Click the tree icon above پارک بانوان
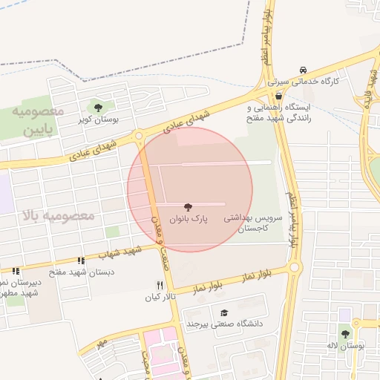tap(186, 207)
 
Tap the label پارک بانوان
tap(189, 219)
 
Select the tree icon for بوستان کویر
tap(98, 108)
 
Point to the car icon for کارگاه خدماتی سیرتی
tap(302, 68)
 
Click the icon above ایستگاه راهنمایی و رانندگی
tap(278, 96)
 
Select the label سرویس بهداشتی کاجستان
tap(261, 224)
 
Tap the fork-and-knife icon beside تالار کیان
tap(159, 285)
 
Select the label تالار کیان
tap(163, 296)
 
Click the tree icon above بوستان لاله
tap(345, 334)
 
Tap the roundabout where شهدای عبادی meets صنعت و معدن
tap(139, 136)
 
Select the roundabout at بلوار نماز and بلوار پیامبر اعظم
tap(294, 266)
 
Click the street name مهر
tap(102, 343)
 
